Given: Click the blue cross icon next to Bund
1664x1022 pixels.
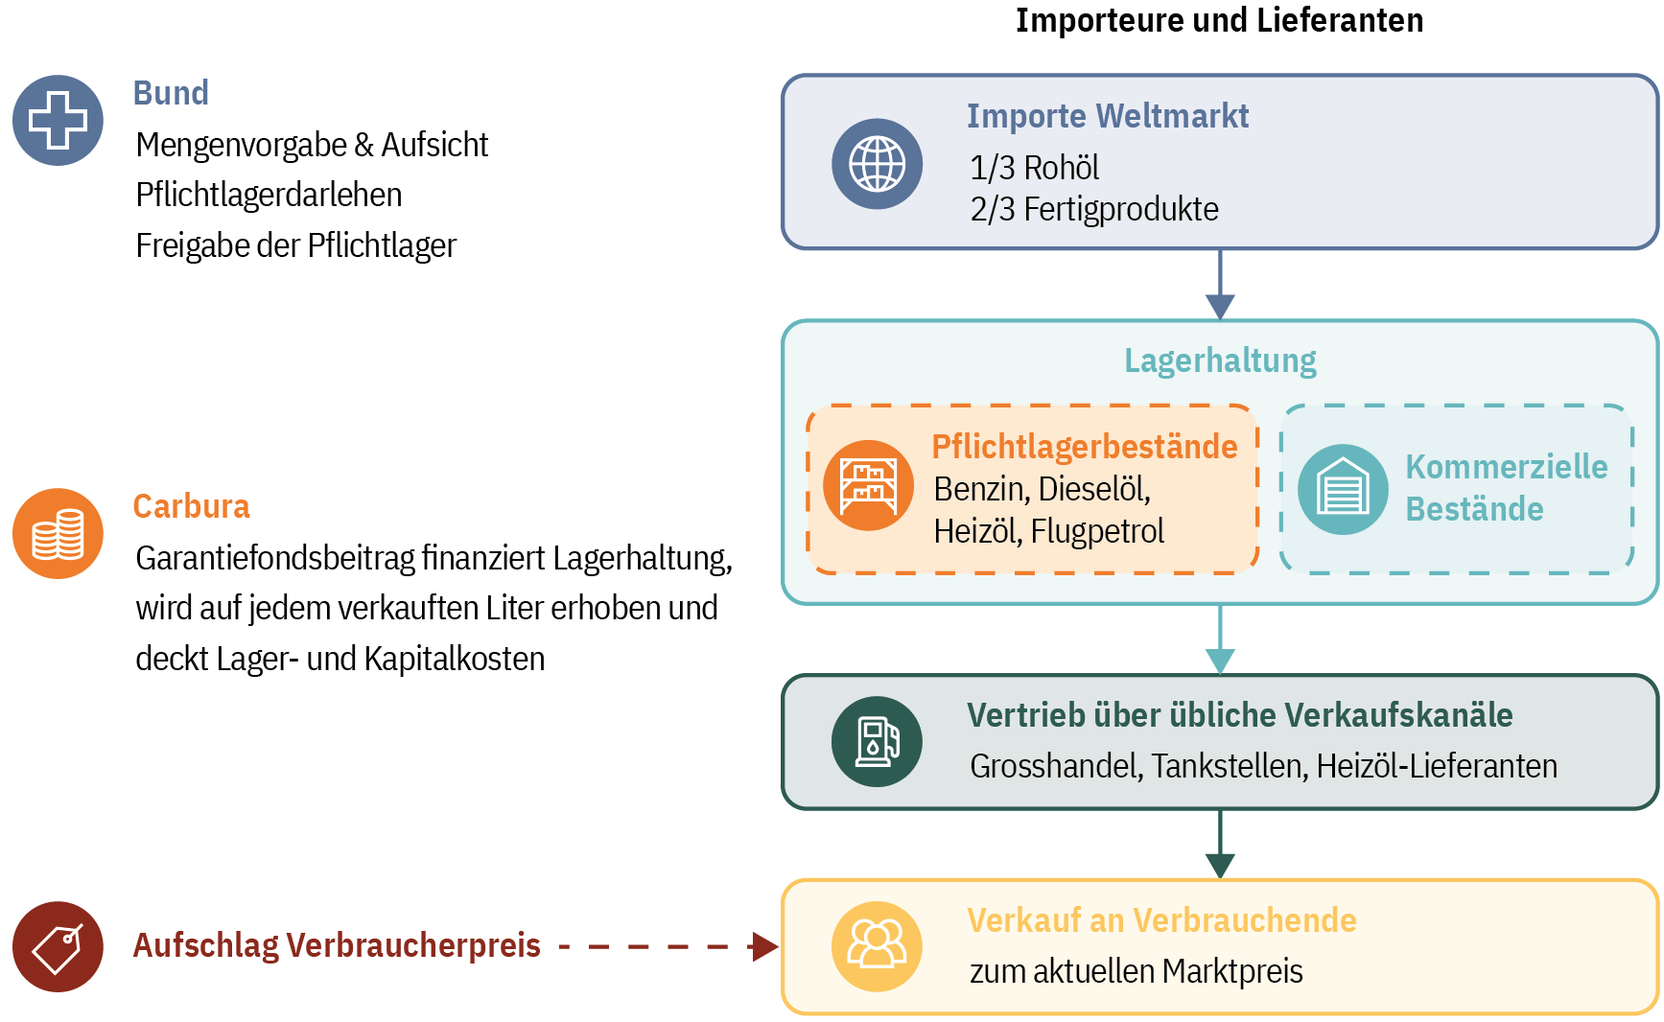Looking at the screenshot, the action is tap(58, 120).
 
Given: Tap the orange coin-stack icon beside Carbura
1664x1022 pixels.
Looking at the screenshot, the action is tap(58, 533).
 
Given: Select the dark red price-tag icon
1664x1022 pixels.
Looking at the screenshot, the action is tap(58, 946).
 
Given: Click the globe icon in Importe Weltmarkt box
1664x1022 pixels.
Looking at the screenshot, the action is tap(877, 163).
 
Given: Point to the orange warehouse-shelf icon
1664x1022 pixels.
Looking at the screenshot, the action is tap(868, 485).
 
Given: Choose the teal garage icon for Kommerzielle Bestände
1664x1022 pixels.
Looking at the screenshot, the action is tap(1343, 489).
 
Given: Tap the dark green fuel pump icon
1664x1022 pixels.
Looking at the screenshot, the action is tap(877, 741).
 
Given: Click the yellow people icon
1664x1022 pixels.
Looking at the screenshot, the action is tap(877, 946).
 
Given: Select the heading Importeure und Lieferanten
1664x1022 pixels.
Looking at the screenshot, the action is tap(1219, 20).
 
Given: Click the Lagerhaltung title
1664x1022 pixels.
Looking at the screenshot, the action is tap(1220, 360).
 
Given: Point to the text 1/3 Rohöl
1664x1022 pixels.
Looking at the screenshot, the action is tap(1034, 168).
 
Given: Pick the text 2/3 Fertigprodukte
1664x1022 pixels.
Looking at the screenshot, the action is tap(1094, 209).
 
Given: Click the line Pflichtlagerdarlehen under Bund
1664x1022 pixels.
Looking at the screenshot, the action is tap(269, 195).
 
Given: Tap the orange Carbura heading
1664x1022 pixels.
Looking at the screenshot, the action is tap(191, 506).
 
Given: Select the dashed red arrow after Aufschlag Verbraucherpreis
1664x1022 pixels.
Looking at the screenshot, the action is tap(668, 946).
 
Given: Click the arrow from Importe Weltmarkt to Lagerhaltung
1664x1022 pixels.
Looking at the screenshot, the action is tap(1220, 285).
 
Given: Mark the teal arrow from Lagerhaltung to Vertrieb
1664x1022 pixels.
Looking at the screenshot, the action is tap(1220, 639).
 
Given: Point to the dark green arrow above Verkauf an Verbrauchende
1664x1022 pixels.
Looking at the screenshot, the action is tap(1220, 845).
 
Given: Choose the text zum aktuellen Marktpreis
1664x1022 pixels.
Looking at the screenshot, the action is tap(1137, 971).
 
